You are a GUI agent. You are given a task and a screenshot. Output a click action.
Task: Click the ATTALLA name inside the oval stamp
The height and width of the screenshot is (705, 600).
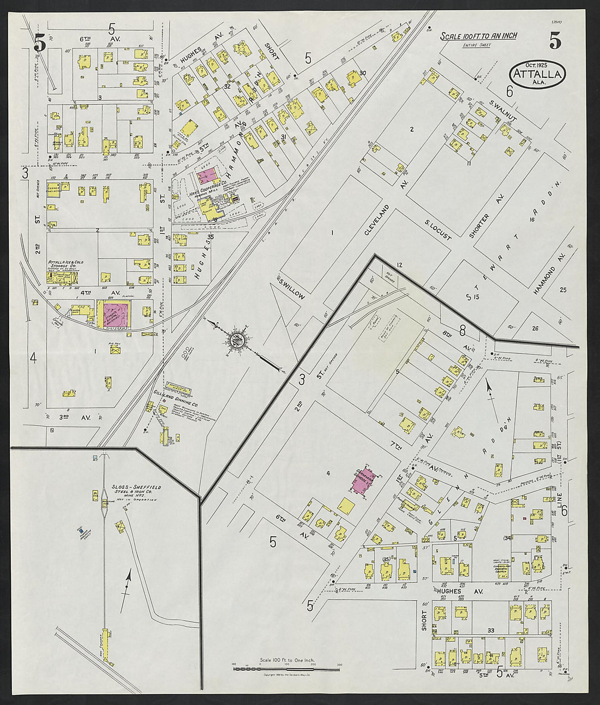click(x=538, y=76)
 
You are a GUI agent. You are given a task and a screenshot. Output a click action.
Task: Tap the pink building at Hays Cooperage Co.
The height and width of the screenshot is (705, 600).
click(x=207, y=175)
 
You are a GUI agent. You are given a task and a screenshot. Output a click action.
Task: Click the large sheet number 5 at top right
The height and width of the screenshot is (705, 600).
click(x=555, y=41)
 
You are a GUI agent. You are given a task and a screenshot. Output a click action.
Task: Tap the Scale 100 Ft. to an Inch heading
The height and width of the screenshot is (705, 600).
click(x=479, y=37)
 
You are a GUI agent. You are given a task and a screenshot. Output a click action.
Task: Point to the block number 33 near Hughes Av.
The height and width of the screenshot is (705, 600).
click(x=490, y=630)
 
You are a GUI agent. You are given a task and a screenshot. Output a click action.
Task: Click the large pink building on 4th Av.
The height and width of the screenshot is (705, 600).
click(x=114, y=315)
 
